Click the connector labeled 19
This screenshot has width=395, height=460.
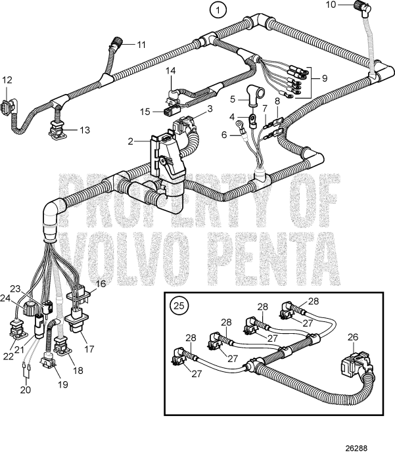[x=49, y=361]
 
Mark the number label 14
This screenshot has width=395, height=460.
[x=170, y=70]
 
